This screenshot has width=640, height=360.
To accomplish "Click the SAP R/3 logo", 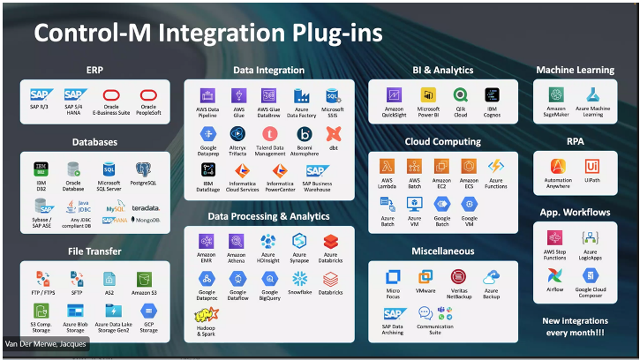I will (40, 94).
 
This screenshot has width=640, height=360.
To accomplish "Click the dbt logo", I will (333, 133).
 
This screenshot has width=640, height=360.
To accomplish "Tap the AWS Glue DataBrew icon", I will (268, 94).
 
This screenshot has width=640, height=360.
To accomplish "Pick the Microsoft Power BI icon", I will (429, 94).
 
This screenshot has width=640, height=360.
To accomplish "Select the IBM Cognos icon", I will (492, 94).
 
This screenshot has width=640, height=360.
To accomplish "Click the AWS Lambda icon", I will (387, 165).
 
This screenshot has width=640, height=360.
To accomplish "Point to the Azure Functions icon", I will (495, 165).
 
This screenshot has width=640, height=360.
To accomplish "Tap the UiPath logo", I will (592, 165).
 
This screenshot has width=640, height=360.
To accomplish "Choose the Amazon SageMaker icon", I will (555, 94).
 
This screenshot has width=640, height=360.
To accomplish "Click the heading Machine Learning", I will (575, 70).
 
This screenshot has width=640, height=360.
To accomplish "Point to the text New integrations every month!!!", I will (575, 325).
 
